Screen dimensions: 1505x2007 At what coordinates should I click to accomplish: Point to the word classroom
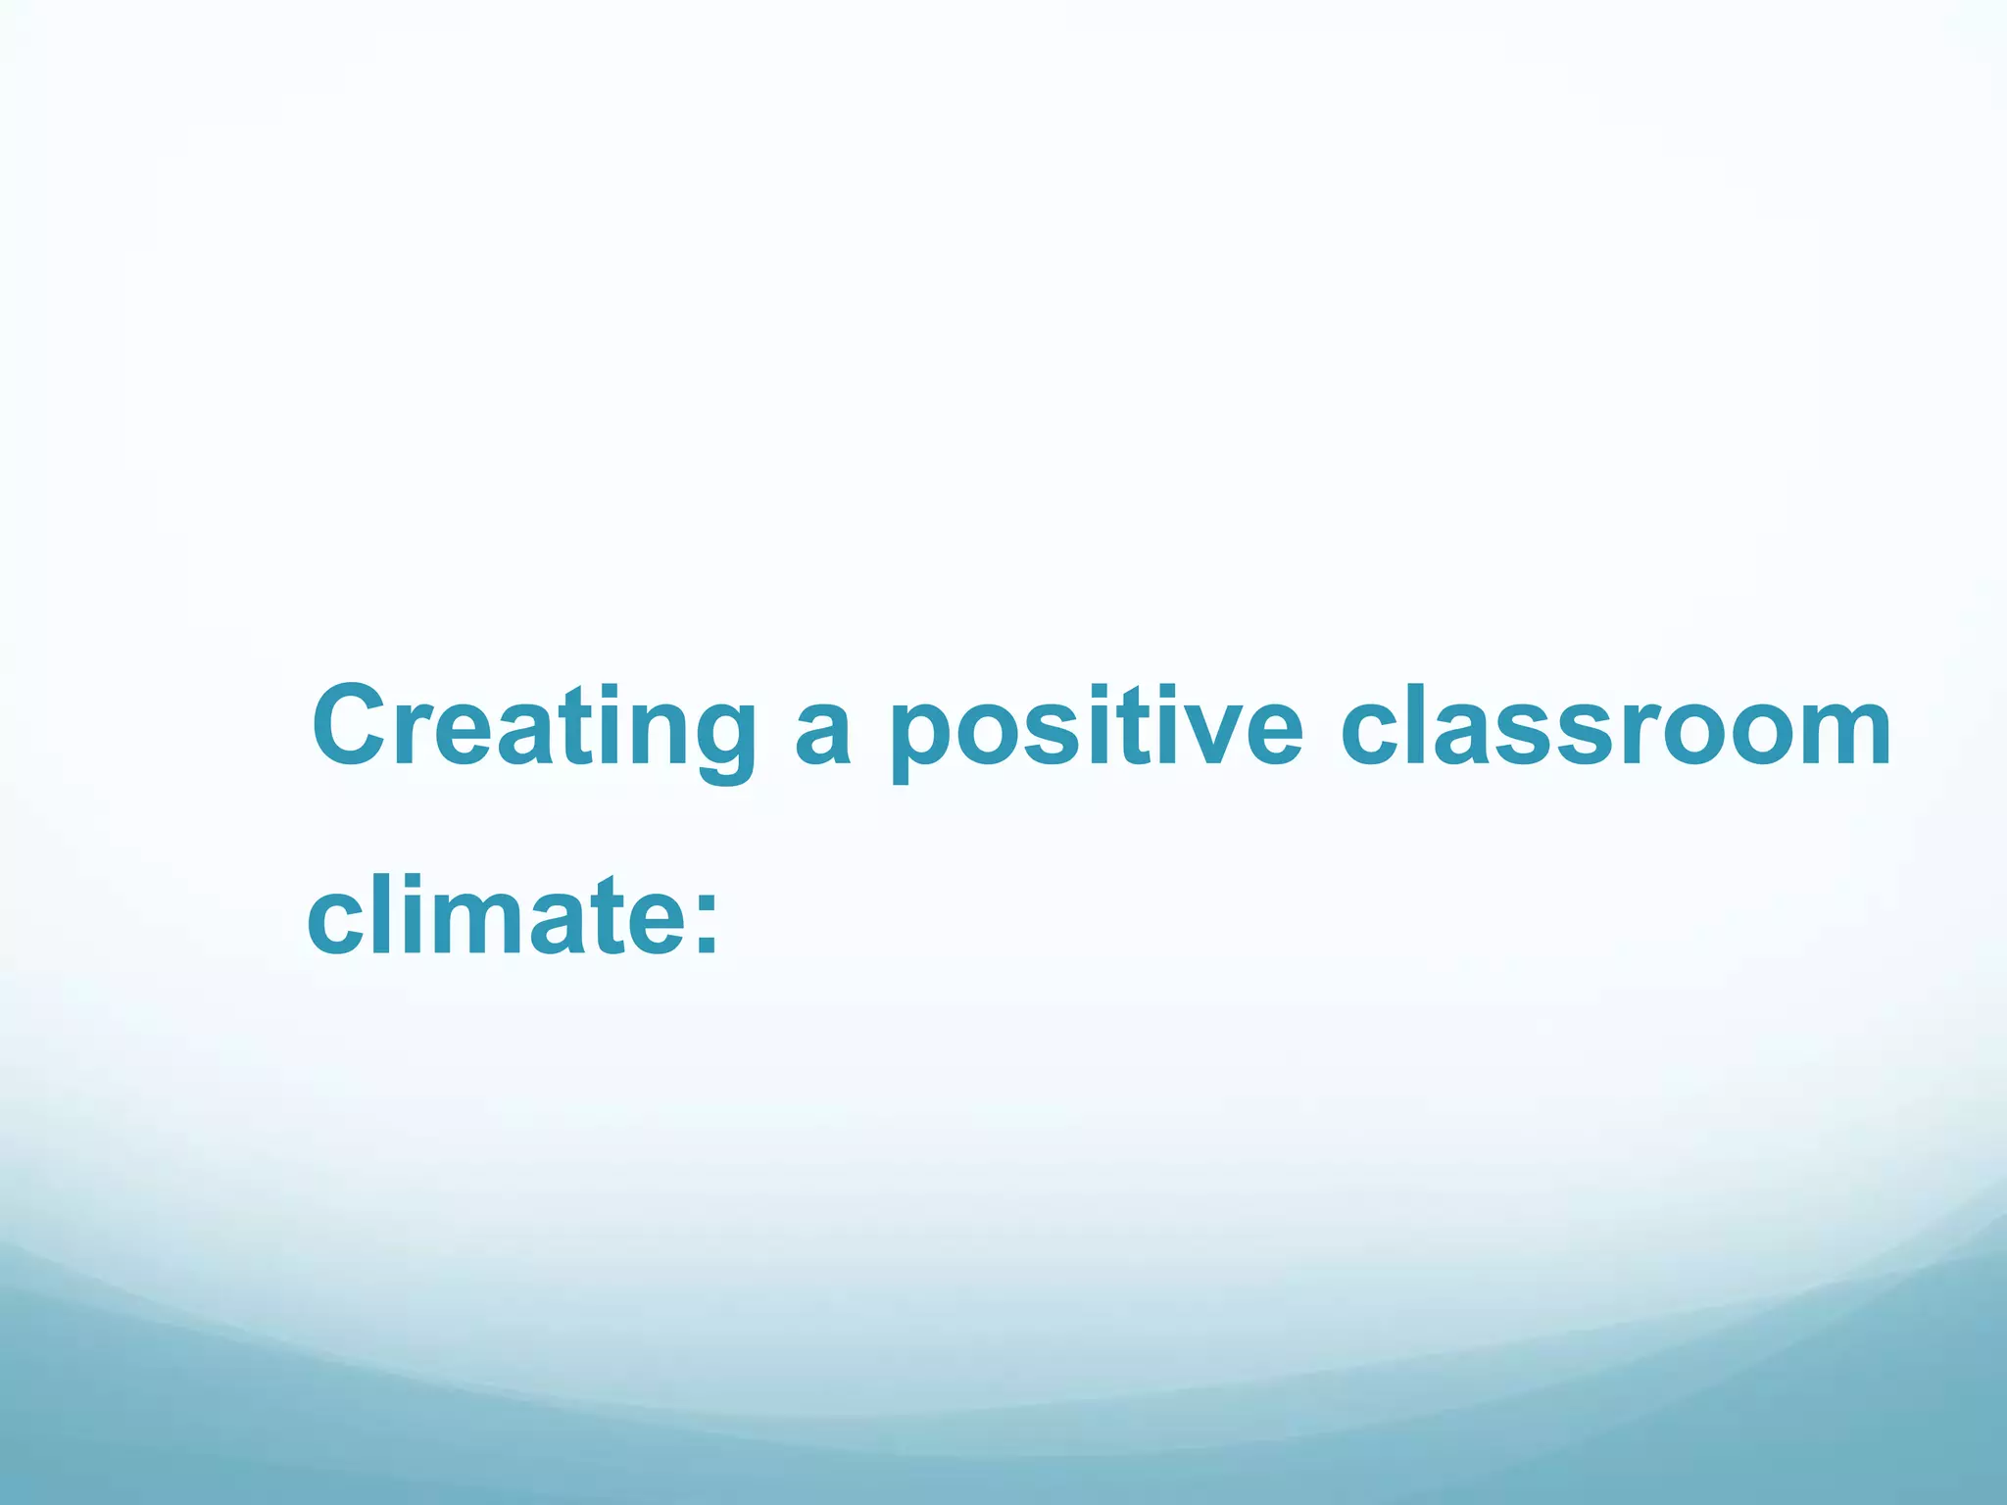(1615, 727)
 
